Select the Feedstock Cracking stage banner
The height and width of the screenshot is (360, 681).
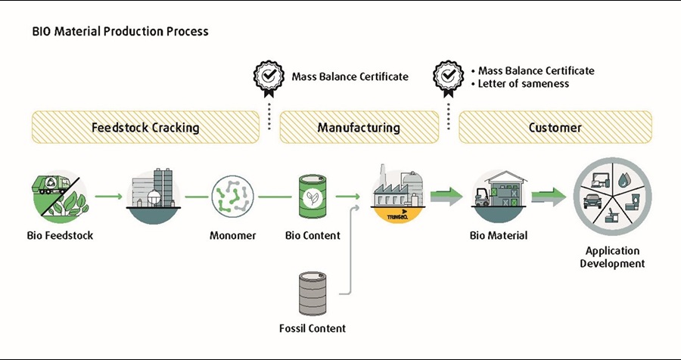point(145,127)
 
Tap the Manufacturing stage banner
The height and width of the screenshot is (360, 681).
point(359,127)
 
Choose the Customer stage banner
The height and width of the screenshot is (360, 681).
point(555,127)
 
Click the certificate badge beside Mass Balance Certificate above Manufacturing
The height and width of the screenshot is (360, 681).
point(268,76)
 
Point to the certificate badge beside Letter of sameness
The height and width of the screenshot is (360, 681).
point(448,76)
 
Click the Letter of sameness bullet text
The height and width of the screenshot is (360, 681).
point(523,83)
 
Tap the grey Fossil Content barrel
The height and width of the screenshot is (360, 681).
point(313,293)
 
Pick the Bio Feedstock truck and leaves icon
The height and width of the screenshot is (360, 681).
point(59,197)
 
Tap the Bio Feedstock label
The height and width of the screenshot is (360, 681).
point(59,235)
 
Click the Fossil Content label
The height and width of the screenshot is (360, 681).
point(312,328)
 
